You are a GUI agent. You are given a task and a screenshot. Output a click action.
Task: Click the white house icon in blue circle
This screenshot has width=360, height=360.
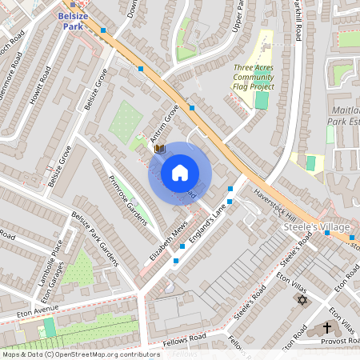pyautogui.click(x=180, y=173)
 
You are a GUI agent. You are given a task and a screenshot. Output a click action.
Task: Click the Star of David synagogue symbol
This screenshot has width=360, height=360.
pyautogui.click(x=302, y=300)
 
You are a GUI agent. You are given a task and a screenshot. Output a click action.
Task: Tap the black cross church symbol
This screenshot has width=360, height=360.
pyautogui.click(x=326, y=327)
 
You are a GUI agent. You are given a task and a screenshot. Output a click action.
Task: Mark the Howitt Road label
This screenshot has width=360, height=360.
pyautogui.click(x=38, y=83)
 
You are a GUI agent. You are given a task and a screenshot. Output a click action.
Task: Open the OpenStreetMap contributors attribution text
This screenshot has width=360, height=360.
pyautogui.click(x=80, y=354)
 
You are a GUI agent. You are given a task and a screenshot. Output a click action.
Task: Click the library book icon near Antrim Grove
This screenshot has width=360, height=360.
pyautogui.click(x=159, y=149)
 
